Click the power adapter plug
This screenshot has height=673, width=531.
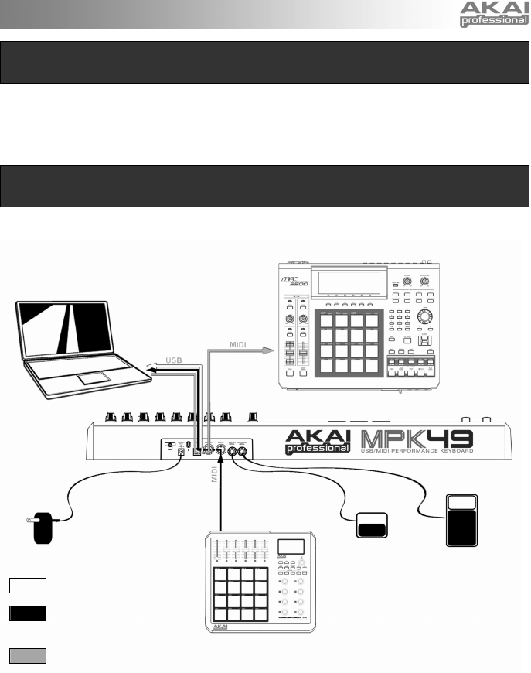[36, 531]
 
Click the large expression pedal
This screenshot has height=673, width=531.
[466, 520]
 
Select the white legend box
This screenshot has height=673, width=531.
[29, 583]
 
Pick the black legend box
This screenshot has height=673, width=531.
[29, 614]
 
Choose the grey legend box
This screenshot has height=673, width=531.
[29, 656]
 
